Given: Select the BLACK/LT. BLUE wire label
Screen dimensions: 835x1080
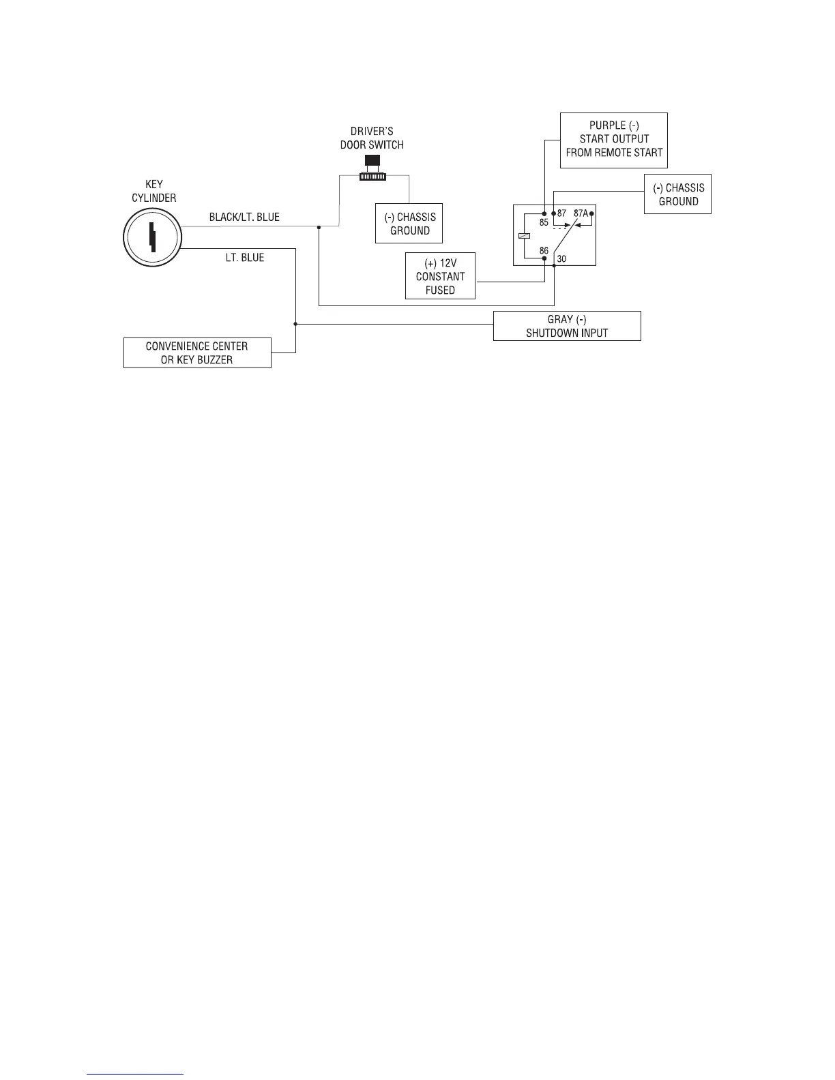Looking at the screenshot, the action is pyautogui.click(x=244, y=217).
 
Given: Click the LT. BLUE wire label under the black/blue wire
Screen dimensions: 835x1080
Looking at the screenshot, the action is pyautogui.click(x=245, y=258).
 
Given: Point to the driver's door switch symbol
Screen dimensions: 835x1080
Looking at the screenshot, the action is pyautogui.click(x=372, y=168).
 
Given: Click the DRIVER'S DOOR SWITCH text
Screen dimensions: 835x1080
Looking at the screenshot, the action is pyautogui.click(x=372, y=138).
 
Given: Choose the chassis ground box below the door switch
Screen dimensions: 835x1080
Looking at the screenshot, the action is pyautogui.click(x=409, y=224).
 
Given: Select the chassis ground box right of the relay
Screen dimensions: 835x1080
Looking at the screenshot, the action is pyautogui.click(x=678, y=195).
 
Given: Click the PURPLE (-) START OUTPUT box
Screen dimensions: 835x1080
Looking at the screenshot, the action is pyautogui.click(x=614, y=140).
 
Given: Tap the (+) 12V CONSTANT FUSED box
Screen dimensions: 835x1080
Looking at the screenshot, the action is pyautogui.click(x=440, y=276).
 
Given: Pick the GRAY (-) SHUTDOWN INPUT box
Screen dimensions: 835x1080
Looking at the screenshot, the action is pyautogui.click(x=567, y=326).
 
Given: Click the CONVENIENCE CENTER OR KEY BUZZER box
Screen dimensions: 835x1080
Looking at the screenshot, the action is pyautogui.click(x=197, y=353).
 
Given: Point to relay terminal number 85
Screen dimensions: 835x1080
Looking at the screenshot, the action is pyautogui.click(x=544, y=222).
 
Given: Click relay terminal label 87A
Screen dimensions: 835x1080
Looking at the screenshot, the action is pyautogui.click(x=581, y=213).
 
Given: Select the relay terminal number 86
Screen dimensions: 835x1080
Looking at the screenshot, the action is pyautogui.click(x=544, y=251).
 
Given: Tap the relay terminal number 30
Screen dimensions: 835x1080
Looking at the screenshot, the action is pyautogui.click(x=561, y=259).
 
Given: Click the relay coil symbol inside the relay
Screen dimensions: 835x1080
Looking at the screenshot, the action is pyautogui.click(x=523, y=236).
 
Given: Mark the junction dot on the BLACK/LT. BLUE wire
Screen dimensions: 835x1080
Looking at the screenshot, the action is pyautogui.click(x=319, y=227).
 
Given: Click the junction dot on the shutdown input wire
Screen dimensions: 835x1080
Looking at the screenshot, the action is pyautogui.click(x=295, y=325).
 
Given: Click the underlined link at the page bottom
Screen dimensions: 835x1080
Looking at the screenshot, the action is pyautogui.click(x=136, y=1075).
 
